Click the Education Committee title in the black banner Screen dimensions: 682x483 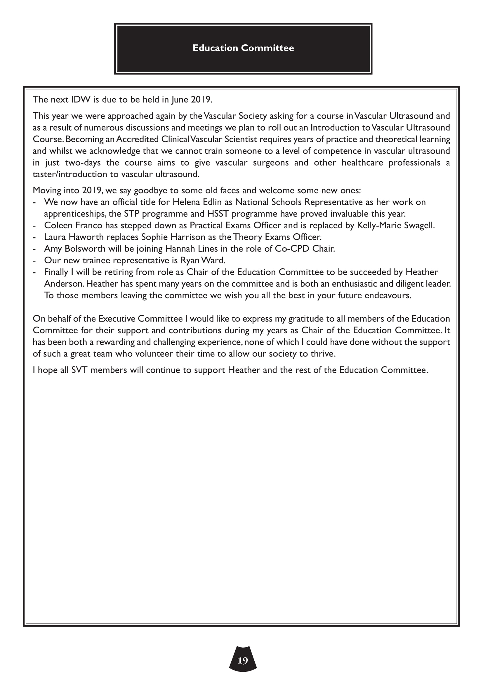[x=243, y=48]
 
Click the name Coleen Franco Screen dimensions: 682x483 [x=73, y=225]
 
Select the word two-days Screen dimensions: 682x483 [x=83, y=163]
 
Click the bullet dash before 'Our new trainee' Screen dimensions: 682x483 [x=34, y=260]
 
